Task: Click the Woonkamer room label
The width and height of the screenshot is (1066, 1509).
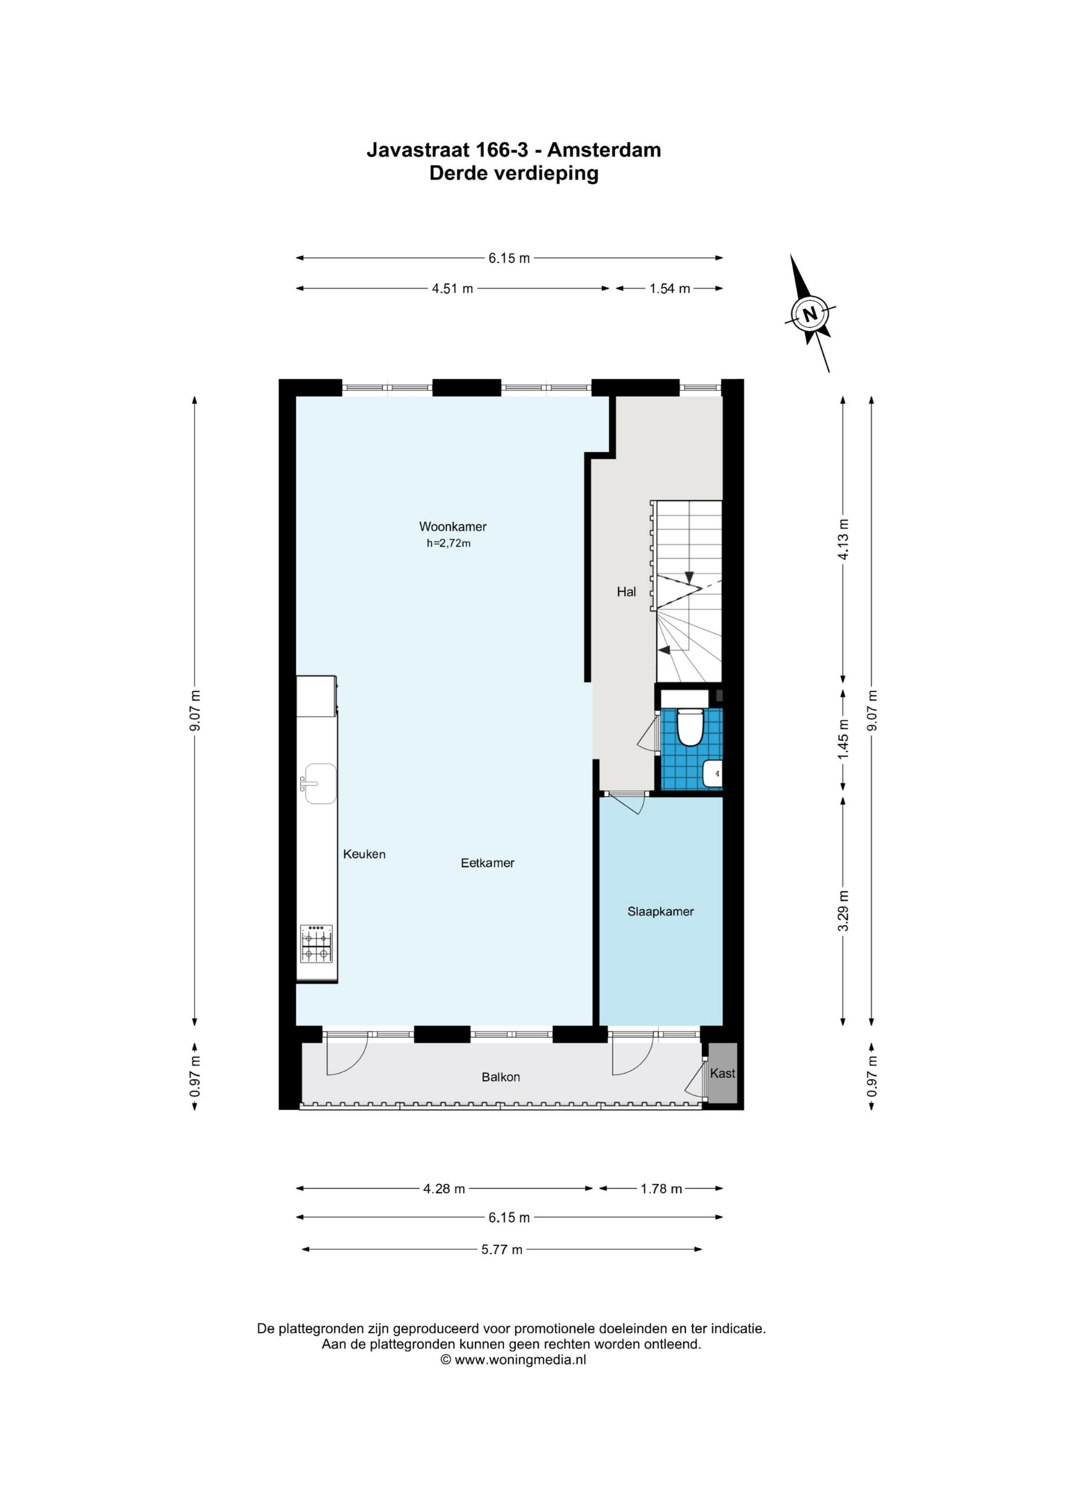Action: pyautogui.click(x=453, y=527)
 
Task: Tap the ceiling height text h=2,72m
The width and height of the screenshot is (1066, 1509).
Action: pyautogui.click(x=449, y=543)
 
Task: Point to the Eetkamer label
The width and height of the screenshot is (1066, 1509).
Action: pyautogui.click(x=488, y=863)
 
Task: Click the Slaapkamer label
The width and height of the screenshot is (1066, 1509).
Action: pyautogui.click(x=660, y=912)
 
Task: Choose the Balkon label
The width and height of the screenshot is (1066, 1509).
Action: pyautogui.click(x=500, y=1076)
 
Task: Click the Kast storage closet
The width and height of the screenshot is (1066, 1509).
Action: pyautogui.click(x=723, y=1073)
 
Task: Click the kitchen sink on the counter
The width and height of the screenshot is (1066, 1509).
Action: pyautogui.click(x=320, y=783)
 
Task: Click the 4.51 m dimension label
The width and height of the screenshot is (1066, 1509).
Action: pyautogui.click(x=452, y=288)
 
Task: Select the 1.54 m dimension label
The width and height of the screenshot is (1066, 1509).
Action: pyautogui.click(x=669, y=288)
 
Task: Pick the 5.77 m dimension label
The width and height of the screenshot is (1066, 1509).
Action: pyautogui.click(x=502, y=1249)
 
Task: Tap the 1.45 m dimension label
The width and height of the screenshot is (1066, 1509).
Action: pyautogui.click(x=843, y=739)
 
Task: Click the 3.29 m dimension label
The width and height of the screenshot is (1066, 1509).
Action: pyautogui.click(x=843, y=910)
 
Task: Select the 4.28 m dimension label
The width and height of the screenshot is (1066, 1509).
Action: pyautogui.click(x=444, y=1188)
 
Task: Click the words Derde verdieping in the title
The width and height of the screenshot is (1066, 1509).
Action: pyautogui.click(x=514, y=173)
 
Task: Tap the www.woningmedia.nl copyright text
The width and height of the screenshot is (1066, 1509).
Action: pyautogui.click(x=513, y=1360)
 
